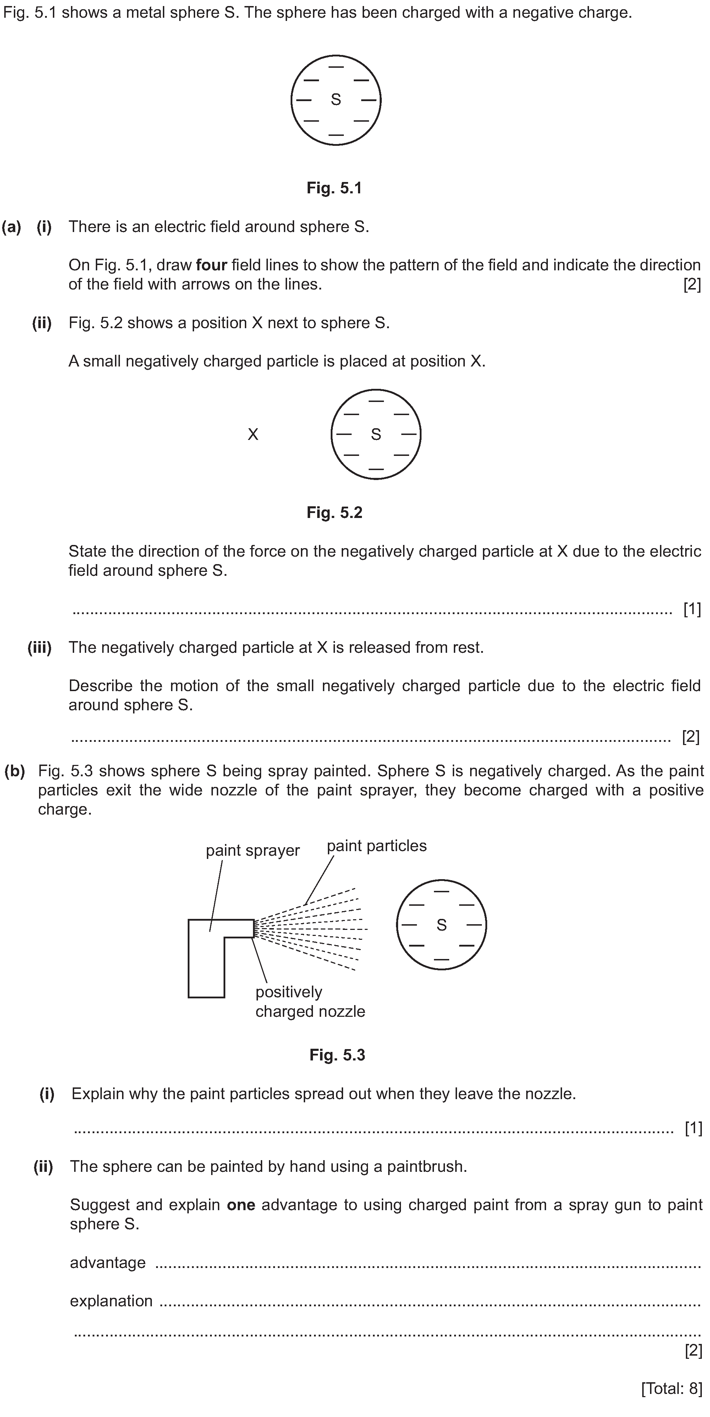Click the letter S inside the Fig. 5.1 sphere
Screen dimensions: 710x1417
pos(335,100)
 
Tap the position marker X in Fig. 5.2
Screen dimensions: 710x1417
pos(252,435)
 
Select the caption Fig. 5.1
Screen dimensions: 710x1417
pos(334,188)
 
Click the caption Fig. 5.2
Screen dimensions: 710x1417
pos(334,513)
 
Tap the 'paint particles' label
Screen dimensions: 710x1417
pos(377,845)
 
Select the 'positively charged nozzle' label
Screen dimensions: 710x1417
pos(310,1002)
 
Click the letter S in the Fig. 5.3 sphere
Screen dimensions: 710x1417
pos(441,925)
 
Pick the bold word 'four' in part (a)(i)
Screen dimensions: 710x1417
pos(211,265)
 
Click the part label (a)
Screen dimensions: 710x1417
pos(12,227)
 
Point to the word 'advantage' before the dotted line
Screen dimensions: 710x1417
pos(108,1262)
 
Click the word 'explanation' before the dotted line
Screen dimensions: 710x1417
pos(111,1301)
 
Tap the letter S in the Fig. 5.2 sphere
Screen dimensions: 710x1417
pos(376,435)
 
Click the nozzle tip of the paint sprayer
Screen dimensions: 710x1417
pos(254,928)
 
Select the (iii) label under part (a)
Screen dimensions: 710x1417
pos(40,647)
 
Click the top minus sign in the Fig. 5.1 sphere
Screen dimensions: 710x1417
pos(335,67)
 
